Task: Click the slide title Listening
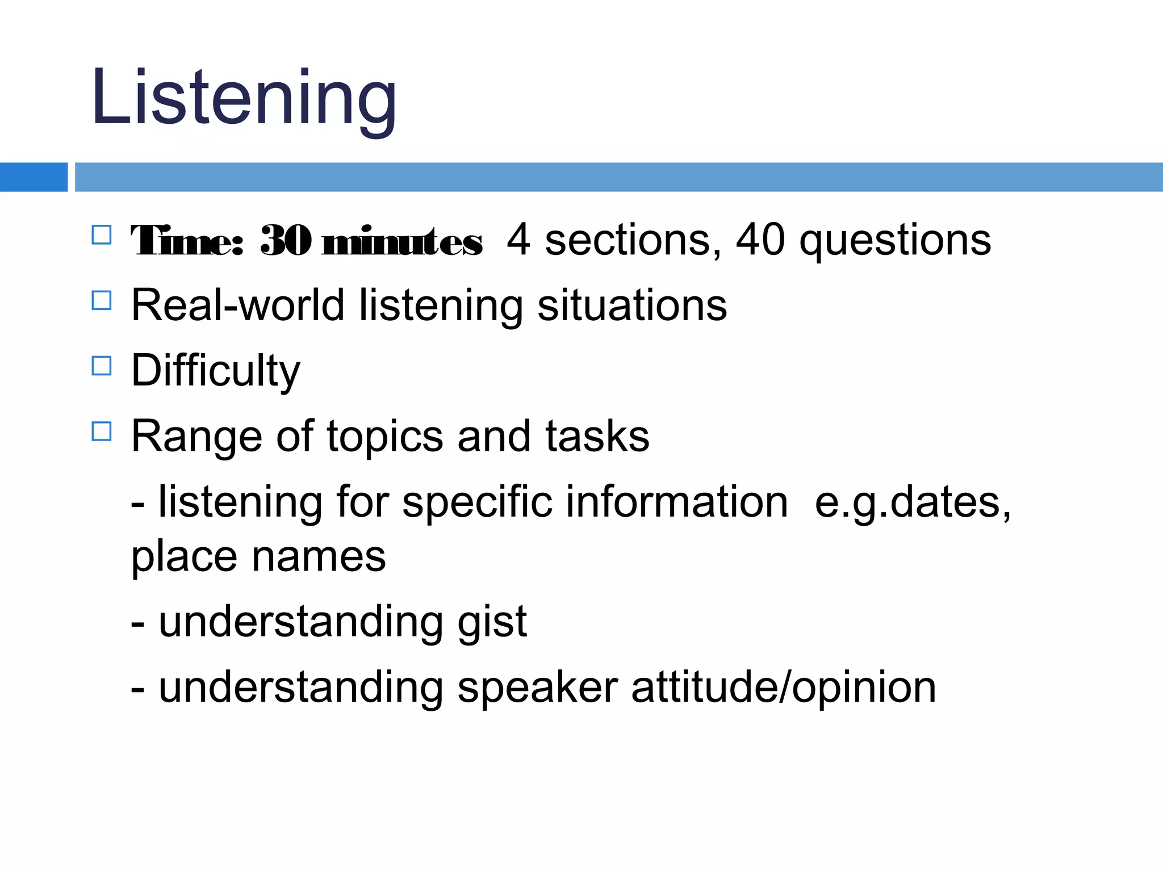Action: [x=244, y=98]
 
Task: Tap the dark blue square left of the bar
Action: [x=33, y=177]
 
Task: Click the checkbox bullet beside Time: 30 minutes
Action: [x=102, y=235]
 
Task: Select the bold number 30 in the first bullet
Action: [x=286, y=241]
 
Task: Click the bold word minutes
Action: [x=401, y=242]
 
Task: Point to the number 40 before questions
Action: [x=760, y=240]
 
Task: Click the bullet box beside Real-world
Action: [x=102, y=300]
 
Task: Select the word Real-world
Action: [x=237, y=305]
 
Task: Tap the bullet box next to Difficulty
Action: [x=102, y=366]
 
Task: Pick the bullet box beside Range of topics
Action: [x=102, y=431]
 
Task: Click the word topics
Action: [x=384, y=437]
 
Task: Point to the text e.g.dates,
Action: [x=913, y=503]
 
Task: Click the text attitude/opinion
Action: [x=783, y=688]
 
